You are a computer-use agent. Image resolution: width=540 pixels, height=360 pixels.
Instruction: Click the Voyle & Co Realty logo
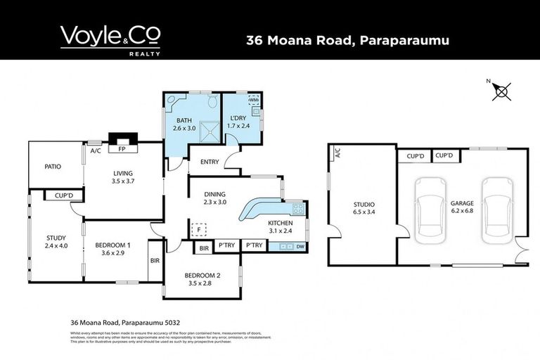[x=110, y=40]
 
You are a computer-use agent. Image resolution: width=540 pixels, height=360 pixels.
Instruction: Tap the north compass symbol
[x=502, y=90]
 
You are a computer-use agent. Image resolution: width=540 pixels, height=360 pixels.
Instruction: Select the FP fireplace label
[x=122, y=150]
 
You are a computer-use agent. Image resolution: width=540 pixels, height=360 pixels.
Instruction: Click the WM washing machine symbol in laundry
[x=255, y=101]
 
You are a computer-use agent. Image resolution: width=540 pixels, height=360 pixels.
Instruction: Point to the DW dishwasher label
[x=300, y=247]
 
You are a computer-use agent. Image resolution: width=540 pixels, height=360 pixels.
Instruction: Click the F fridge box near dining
[x=199, y=229]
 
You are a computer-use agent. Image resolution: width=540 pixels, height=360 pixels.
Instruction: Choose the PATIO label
[x=52, y=167]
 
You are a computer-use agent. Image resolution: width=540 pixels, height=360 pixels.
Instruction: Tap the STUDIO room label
[x=364, y=205]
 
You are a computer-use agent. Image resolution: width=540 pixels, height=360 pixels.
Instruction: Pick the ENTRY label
[x=210, y=162]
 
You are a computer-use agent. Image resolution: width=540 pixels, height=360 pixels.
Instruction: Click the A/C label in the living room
[x=94, y=150]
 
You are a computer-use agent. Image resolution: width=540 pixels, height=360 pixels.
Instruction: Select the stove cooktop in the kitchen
[x=297, y=207]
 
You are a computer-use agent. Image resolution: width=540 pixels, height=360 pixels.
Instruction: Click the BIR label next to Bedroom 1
[x=155, y=259]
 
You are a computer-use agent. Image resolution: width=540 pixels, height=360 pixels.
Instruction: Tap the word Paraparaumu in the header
[x=404, y=40]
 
